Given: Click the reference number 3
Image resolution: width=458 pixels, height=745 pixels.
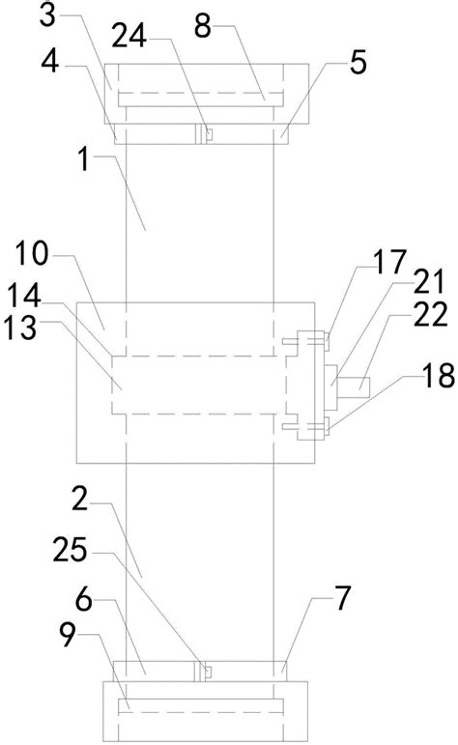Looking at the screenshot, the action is (48, 16).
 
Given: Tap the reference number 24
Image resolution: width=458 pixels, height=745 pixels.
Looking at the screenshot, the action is (129, 36).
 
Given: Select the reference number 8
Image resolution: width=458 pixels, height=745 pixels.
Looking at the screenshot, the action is (202, 26).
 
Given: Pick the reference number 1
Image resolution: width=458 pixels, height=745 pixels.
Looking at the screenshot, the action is (84, 159).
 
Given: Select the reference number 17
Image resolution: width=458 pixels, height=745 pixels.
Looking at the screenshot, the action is (389, 261).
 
